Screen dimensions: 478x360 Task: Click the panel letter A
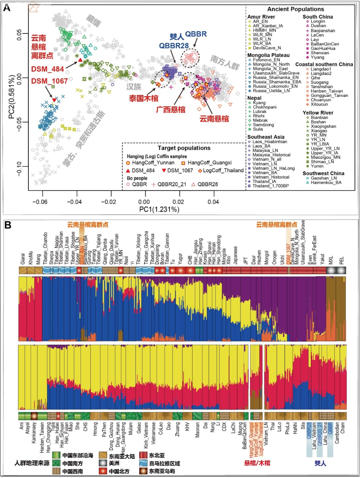click(6, 8)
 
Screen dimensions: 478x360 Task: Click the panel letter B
click(8, 226)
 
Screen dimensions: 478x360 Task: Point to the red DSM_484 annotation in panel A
click(48, 69)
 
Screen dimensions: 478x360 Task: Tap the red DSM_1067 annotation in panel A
click(49, 81)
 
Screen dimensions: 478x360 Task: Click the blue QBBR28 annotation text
click(174, 46)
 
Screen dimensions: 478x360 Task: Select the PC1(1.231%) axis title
click(159, 209)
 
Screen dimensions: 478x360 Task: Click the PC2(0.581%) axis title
click(12, 97)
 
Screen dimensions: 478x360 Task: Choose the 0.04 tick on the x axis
click(213, 202)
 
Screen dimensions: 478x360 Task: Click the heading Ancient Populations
click(296, 9)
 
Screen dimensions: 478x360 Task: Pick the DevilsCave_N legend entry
click(267, 48)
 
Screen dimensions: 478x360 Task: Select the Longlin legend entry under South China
click(318, 22)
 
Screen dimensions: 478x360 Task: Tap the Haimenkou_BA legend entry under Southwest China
click(326, 182)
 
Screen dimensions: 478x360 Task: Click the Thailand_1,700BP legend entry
click(270, 186)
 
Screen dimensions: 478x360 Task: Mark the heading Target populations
click(184, 148)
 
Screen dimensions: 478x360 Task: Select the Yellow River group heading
click(318, 113)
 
